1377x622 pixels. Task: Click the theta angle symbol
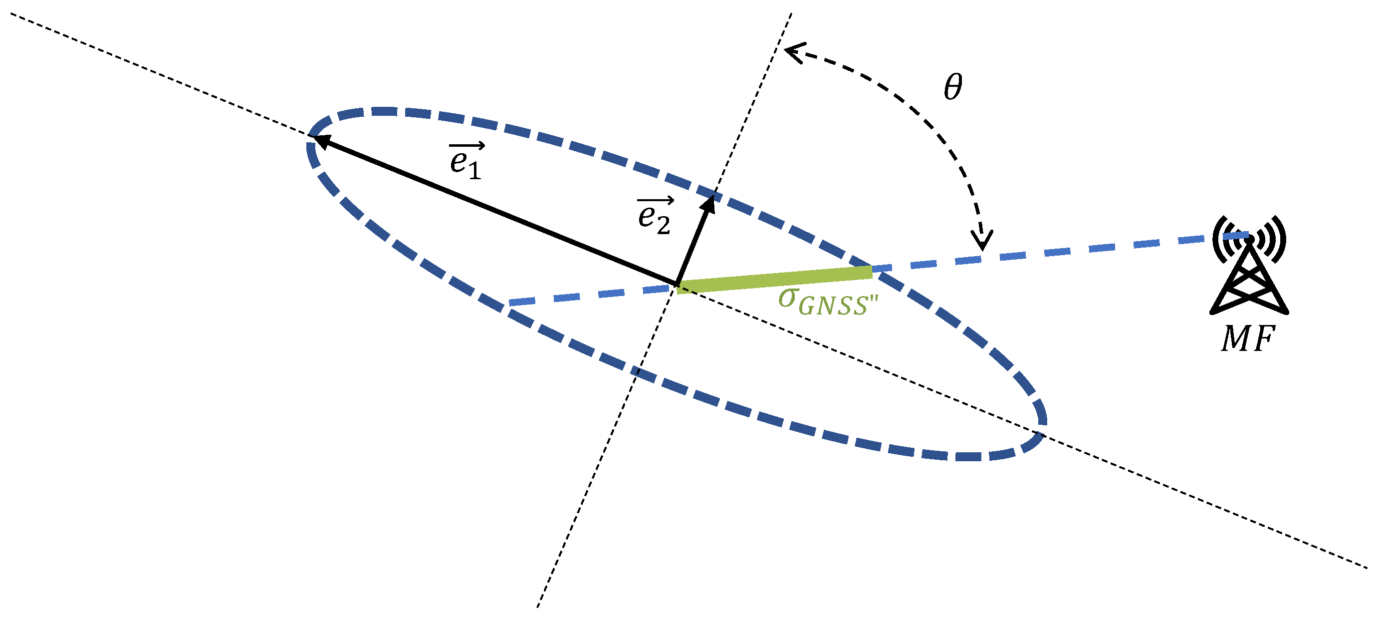(x=952, y=87)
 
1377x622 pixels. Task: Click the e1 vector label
(x=466, y=160)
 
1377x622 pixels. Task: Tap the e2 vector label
(x=655, y=216)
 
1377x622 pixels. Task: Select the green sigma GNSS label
(x=828, y=302)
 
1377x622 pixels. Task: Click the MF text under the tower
(x=1248, y=338)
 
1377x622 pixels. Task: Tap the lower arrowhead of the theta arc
(x=982, y=242)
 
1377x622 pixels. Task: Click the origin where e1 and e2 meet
(x=677, y=284)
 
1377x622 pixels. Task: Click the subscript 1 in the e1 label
(x=474, y=171)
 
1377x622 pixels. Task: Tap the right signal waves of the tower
(x=1274, y=239)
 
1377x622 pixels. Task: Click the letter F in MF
(x=1264, y=338)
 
